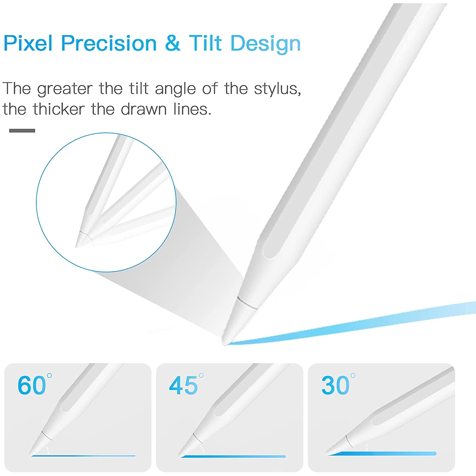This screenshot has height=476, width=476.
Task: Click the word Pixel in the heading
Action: pyautogui.click(x=28, y=43)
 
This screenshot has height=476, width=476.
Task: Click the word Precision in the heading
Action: pyautogui.click(x=109, y=43)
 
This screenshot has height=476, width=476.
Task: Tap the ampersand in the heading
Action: pyautogui.click(x=172, y=43)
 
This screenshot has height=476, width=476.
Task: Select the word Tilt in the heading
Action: pyautogui.click(x=205, y=43)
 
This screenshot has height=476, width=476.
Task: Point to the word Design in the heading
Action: pyautogui.click(x=266, y=44)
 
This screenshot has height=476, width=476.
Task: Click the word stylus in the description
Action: pyautogui.click(x=277, y=89)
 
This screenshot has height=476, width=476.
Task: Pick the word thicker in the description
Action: pyautogui.click(x=59, y=109)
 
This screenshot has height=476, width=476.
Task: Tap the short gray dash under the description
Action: pyautogui.click(x=22, y=130)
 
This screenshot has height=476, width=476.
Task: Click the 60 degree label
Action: pyautogui.click(x=34, y=385)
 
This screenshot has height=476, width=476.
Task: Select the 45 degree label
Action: pyautogui.click(x=186, y=385)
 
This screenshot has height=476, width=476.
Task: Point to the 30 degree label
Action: pyautogui.click(x=338, y=385)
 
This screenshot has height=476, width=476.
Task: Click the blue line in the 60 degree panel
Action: pyautogui.click(x=83, y=456)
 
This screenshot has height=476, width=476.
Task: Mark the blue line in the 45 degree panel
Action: pyautogui.click(x=233, y=456)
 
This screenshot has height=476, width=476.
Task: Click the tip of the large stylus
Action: pyautogui.click(x=224, y=343)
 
